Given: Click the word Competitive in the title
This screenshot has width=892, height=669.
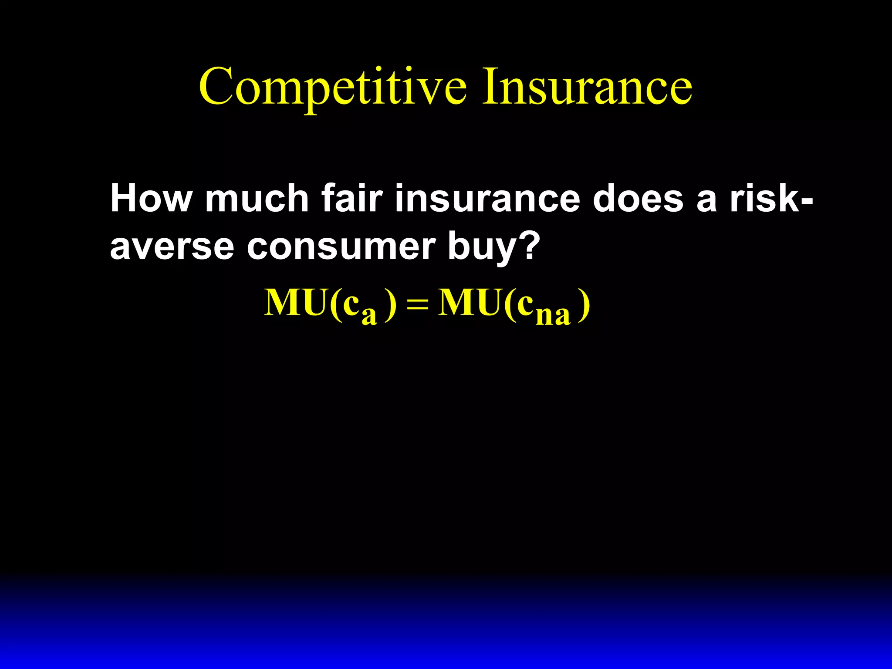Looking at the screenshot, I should (x=333, y=87).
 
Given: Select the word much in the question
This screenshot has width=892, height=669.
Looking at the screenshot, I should (x=257, y=199).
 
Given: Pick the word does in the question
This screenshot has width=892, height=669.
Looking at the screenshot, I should (x=638, y=199).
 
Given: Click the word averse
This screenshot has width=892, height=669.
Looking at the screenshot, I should (x=172, y=247).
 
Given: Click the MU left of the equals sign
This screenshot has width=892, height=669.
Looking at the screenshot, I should (x=296, y=302).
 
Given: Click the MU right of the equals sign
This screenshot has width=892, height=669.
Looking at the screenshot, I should (x=470, y=302).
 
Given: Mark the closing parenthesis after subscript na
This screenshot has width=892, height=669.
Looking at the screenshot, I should (x=584, y=305).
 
